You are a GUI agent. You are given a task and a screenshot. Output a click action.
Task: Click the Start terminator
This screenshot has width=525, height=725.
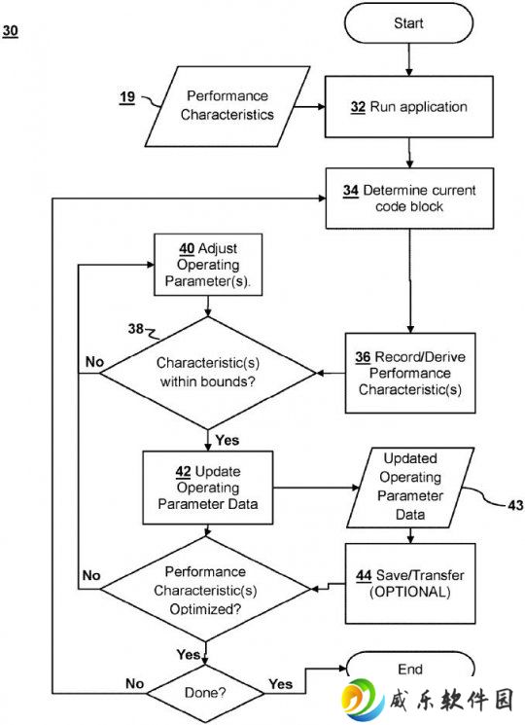coord(408,22)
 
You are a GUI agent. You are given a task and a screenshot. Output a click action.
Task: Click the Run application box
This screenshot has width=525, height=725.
coord(409,107)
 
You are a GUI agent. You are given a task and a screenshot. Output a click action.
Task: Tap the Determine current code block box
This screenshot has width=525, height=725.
coord(409,199)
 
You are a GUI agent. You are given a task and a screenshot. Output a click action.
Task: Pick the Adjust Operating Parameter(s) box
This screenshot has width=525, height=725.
coord(208,265)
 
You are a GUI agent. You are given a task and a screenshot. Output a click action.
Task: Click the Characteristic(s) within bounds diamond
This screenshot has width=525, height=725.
coord(208,373)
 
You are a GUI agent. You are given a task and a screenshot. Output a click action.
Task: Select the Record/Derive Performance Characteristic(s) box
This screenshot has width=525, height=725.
coord(410,373)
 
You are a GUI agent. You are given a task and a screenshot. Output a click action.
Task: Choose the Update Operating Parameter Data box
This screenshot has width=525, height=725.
coord(208,488)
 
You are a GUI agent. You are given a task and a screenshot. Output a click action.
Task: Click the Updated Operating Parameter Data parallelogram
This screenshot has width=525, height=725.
coord(410,488)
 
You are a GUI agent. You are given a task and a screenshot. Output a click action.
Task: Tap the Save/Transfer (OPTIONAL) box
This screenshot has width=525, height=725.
coord(410,584)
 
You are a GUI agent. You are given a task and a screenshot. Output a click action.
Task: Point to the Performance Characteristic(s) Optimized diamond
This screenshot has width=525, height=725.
coord(205,589)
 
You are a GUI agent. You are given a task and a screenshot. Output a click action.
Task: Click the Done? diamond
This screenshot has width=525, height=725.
coord(205,693)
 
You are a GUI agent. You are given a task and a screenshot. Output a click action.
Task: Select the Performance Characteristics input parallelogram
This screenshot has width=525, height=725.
coord(227,106)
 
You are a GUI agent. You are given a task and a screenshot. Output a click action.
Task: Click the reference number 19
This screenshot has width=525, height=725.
coord(127,97)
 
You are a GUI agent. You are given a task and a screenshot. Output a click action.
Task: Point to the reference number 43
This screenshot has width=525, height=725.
coord(515,505)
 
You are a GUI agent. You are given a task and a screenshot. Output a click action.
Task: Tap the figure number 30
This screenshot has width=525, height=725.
coord(10,31)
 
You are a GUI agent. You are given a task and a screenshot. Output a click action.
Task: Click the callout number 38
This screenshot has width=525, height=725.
coord(136,328)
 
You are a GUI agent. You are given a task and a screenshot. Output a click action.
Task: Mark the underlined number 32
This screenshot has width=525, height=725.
coord(358,107)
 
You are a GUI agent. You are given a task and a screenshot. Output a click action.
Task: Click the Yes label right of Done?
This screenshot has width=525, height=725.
coord(281,684)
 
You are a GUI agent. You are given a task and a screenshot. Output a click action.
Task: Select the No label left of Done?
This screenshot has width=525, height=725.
coord(134,683)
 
